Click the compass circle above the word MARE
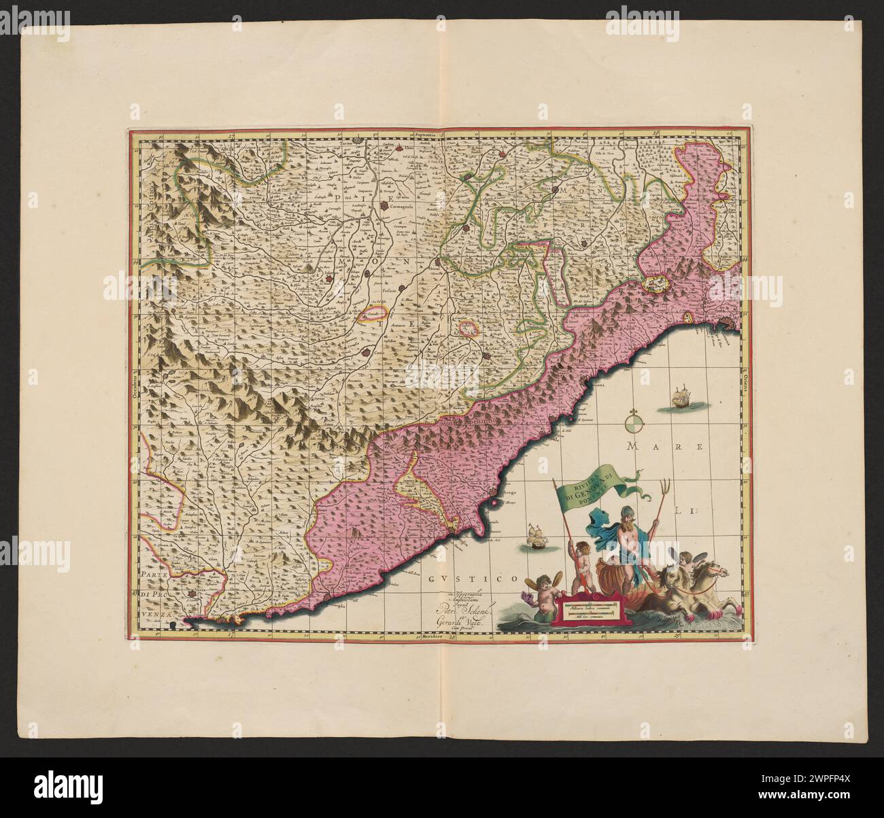pos(634,424)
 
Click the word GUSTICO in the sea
pos(473,579)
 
